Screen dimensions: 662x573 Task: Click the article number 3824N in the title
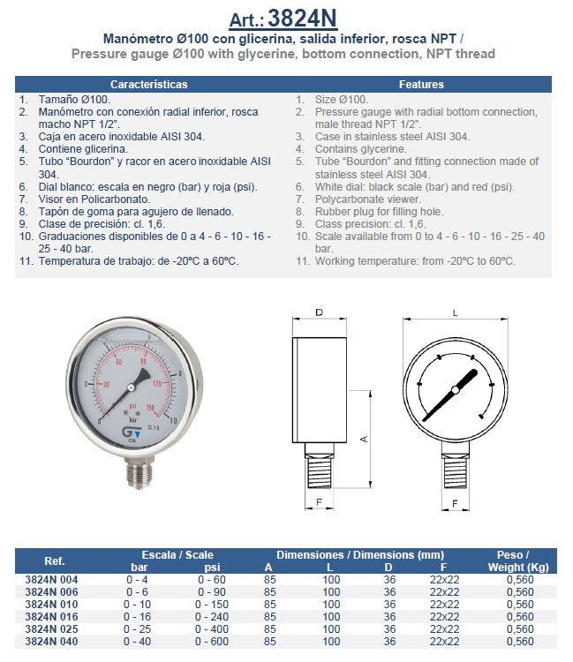[301, 18]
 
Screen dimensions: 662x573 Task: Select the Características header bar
[148, 85]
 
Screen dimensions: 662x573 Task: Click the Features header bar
[421, 85]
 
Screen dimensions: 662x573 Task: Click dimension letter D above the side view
[319, 312]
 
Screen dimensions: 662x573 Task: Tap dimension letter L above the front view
[455, 312]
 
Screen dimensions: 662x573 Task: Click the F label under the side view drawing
[319, 503]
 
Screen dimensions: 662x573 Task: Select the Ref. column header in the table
[55, 560]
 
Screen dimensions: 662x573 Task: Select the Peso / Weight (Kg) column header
[514, 560]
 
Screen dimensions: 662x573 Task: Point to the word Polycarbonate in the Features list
[351, 199]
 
